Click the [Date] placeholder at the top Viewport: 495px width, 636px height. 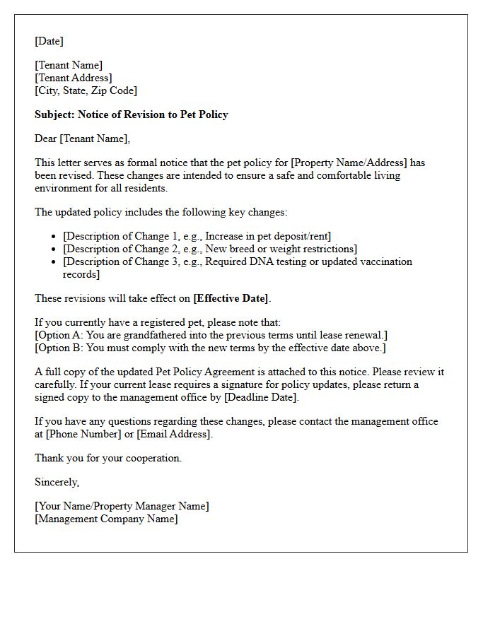tap(49, 41)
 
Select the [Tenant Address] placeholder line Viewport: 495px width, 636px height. tap(74, 78)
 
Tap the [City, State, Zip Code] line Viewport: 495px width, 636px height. tap(86, 90)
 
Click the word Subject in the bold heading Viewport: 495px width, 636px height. tap(54, 114)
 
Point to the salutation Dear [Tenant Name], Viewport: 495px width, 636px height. tap(83, 139)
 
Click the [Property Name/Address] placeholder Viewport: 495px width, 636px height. tap(349, 163)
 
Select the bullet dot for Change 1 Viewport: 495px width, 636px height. tap(54, 237)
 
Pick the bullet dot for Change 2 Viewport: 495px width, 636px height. tap(54, 249)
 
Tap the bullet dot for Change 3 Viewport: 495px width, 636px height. tap(54, 262)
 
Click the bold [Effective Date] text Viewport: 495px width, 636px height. tap(231, 298)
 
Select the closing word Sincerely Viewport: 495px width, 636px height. tap(57, 482)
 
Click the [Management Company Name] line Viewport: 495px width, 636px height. tap(106, 519)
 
